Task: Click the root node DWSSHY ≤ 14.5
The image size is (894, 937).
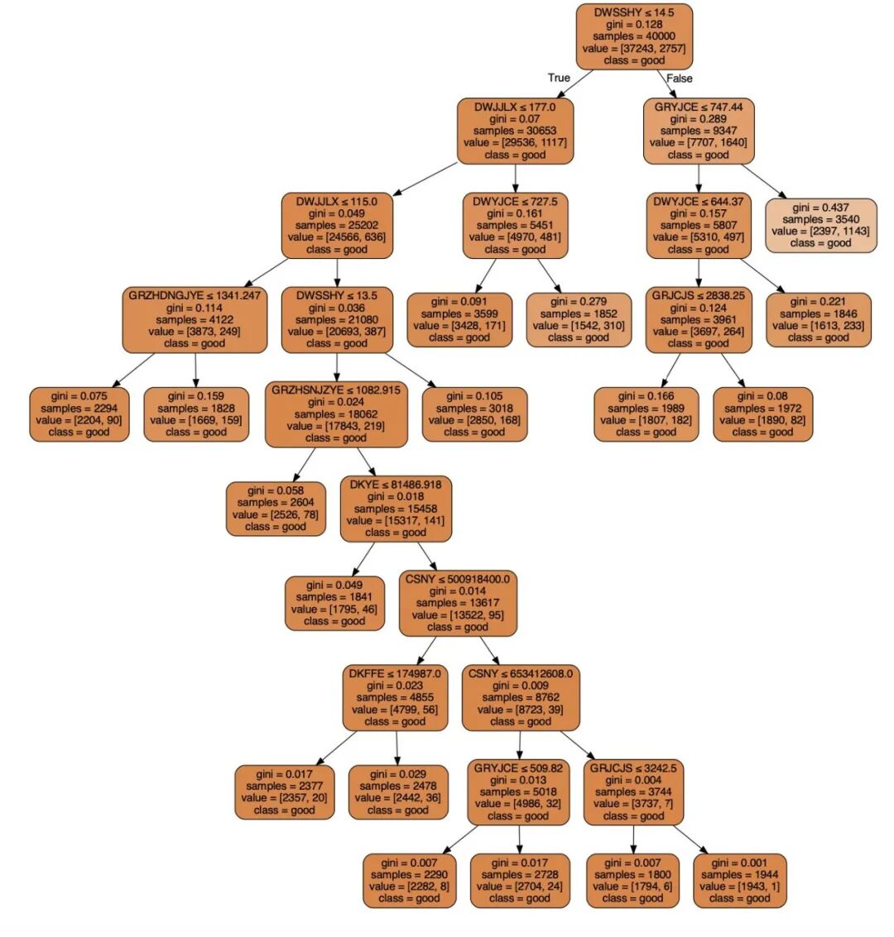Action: (633, 36)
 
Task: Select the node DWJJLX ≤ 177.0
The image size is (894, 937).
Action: (515, 131)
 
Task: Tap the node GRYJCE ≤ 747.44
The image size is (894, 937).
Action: (699, 131)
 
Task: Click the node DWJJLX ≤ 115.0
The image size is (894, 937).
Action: (336, 225)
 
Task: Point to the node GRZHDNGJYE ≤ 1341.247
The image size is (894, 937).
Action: (195, 319)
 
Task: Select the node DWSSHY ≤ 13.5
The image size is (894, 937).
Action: (336, 319)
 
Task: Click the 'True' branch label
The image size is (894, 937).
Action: (559, 78)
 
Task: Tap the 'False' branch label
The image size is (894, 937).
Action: (679, 78)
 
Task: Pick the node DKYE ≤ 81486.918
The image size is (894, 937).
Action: (396, 509)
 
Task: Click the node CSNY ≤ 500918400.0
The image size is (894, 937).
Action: (458, 603)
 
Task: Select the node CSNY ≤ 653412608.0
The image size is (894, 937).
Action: (521, 697)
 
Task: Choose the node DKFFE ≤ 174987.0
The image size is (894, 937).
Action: (395, 697)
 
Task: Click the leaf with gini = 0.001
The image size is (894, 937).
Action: (739, 880)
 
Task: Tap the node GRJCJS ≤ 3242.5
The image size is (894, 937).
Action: (633, 791)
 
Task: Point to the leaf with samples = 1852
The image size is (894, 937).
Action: (579, 319)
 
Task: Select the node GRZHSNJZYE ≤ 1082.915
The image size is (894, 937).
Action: (336, 414)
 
